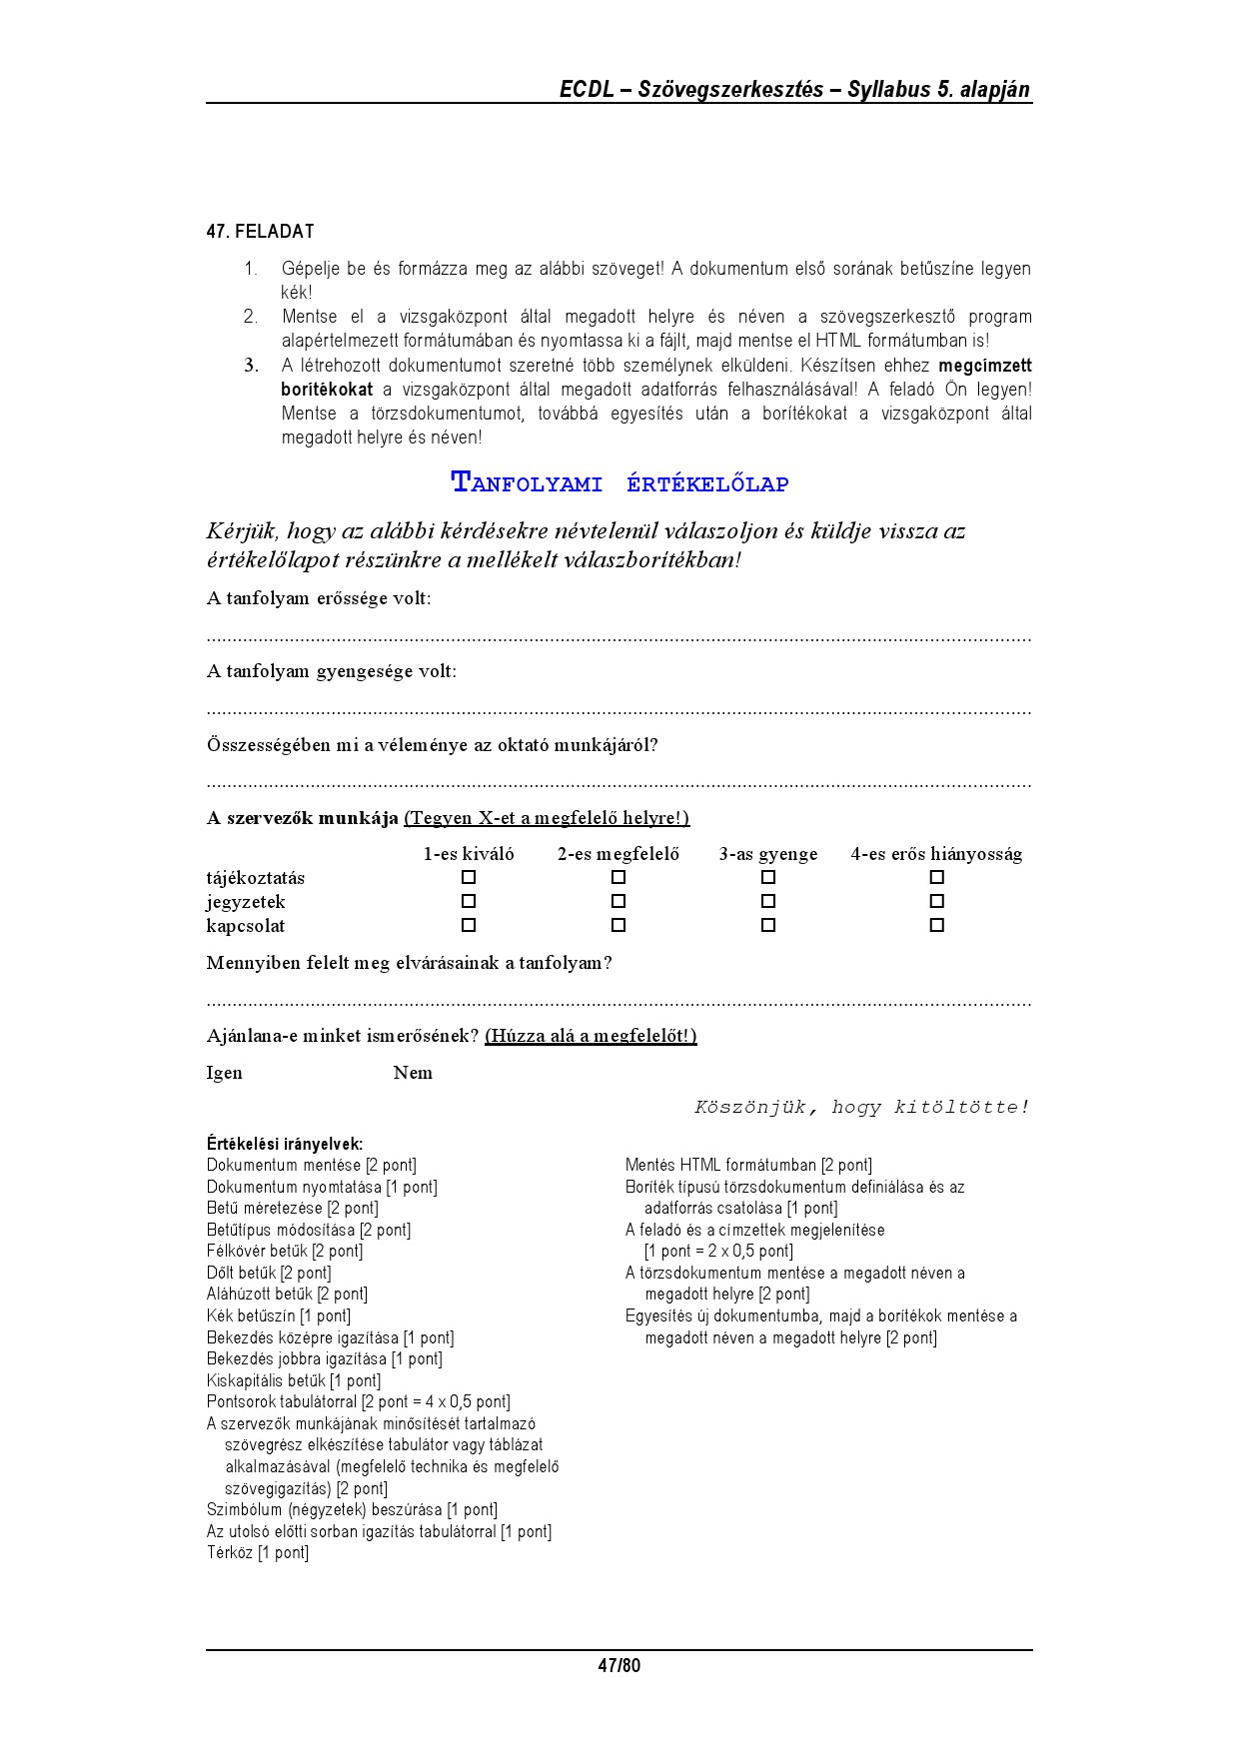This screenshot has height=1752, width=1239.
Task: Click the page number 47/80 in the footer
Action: pos(619,1665)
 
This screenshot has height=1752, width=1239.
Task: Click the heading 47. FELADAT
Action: pos(260,232)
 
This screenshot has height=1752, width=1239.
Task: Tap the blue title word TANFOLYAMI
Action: pos(527,483)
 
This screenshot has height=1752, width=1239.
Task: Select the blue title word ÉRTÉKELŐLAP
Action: pos(707,484)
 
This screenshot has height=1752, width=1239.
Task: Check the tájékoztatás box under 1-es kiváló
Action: pos(469,877)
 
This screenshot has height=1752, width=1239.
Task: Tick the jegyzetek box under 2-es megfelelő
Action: pos(619,901)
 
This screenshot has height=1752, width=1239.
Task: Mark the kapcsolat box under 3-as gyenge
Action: pos(768,925)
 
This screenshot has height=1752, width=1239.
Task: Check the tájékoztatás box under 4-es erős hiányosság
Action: pos(936,877)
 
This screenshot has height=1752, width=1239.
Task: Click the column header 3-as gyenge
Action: pos(767,854)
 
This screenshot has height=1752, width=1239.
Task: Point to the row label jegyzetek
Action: pos(246,902)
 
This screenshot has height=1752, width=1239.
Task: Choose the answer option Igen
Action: pos(224,1073)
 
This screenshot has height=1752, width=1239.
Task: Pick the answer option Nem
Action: pos(413,1073)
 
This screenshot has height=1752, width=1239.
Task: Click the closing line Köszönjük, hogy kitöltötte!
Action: pos(861,1107)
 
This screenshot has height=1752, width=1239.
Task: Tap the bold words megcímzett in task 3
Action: pos(985,366)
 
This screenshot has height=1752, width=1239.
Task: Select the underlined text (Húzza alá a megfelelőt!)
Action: pos(591,1036)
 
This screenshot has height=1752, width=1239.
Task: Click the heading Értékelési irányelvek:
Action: pos(285,1144)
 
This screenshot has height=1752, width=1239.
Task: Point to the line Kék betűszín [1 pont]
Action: pos(279,1315)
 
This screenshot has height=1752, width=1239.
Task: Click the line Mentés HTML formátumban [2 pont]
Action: pos(748,1165)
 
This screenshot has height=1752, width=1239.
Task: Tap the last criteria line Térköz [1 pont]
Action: pos(258,1552)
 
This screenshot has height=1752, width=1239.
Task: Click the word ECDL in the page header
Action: pos(585,89)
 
